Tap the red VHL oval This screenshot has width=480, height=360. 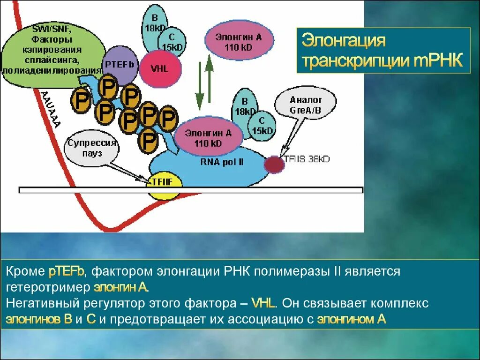pos(159,68)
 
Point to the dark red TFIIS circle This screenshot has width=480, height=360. pos(274,164)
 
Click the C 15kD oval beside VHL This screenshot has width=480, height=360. pos(172,40)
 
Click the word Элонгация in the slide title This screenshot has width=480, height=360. pos(343,41)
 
